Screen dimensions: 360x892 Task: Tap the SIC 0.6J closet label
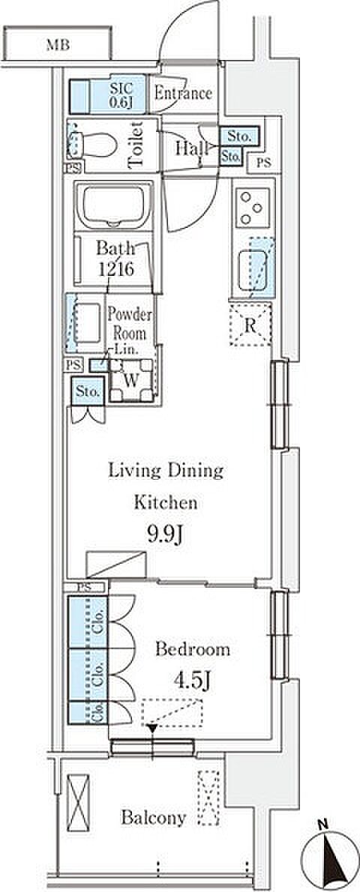[x=121, y=94]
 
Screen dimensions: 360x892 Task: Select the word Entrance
[x=184, y=93]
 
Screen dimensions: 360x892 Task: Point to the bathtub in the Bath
[x=114, y=205]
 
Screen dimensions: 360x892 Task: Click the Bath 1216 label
[x=115, y=259]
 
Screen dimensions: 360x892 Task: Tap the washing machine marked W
[x=131, y=380]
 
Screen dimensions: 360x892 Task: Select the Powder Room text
[x=130, y=324]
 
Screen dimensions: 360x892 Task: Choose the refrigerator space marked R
[x=250, y=324]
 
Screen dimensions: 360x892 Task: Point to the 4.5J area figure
[x=187, y=681]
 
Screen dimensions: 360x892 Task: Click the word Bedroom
[x=193, y=649]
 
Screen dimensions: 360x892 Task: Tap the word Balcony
[x=153, y=818]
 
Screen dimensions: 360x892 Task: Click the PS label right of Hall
[x=262, y=163]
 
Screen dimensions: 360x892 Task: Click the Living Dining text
[x=165, y=471]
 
